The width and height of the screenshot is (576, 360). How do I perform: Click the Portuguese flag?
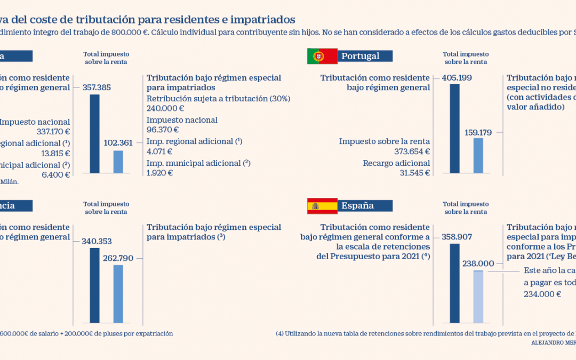pos(322,56)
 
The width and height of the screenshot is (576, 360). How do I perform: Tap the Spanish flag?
pos(322,205)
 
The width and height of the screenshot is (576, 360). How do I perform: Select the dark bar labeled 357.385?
pos(94,133)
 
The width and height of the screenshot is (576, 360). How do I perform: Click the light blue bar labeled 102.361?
pos(118,162)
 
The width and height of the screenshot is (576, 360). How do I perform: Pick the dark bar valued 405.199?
pos(454,128)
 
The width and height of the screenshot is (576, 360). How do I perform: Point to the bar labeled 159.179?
pos(478,155)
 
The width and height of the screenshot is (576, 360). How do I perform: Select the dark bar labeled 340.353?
pos(94,285)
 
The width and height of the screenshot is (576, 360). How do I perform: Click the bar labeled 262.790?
pos(118,294)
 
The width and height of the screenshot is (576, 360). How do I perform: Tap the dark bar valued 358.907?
pos(454,283)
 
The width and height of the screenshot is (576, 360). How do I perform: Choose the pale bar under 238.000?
pos(478,297)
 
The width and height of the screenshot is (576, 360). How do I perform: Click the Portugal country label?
pos(361,56)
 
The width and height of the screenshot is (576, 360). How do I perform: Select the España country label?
pos(358,205)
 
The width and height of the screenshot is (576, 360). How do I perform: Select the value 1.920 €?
pos(160,173)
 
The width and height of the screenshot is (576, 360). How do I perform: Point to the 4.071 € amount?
pos(160,151)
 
